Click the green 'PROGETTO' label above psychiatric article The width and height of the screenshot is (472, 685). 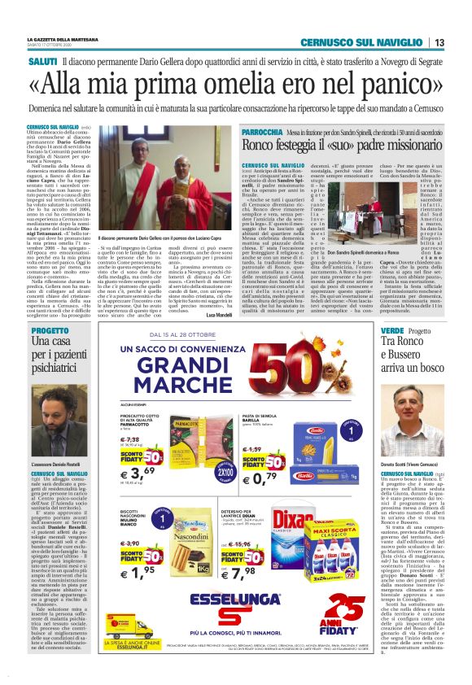50,330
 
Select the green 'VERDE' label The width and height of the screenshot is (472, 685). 393,330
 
